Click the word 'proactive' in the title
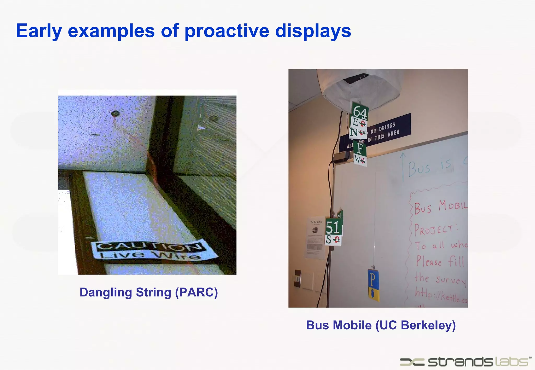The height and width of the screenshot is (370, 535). (227, 31)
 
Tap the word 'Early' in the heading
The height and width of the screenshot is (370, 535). (39, 31)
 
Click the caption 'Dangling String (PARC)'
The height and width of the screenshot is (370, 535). (149, 292)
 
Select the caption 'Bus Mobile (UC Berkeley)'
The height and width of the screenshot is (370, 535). (381, 325)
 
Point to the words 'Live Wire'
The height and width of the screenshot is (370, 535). (150, 255)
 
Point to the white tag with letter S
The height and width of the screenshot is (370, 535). (333, 240)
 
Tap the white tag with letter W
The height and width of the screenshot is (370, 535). (360, 159)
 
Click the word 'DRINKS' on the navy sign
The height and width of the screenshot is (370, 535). (387, 127)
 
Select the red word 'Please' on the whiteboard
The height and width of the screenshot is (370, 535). (429, 261)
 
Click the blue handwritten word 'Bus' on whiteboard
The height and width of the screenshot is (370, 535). (419, 168)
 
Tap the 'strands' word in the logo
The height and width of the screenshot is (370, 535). (460, 362)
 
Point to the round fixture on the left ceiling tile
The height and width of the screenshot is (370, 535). (115, 114)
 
